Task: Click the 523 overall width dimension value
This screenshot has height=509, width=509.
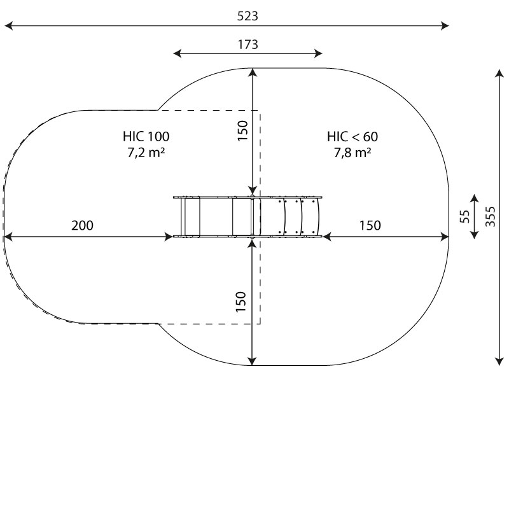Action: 248,16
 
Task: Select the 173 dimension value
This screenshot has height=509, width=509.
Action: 248,45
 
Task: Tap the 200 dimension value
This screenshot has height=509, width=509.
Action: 82,225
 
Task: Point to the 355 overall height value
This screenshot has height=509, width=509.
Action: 491,216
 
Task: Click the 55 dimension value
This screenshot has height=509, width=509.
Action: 465,216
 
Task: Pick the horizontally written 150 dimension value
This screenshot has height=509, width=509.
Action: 370,225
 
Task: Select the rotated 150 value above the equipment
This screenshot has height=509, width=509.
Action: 242,131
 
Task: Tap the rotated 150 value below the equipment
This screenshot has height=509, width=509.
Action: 241,302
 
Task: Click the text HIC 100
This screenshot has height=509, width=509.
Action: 146,136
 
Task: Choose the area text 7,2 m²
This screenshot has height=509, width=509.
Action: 146,152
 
